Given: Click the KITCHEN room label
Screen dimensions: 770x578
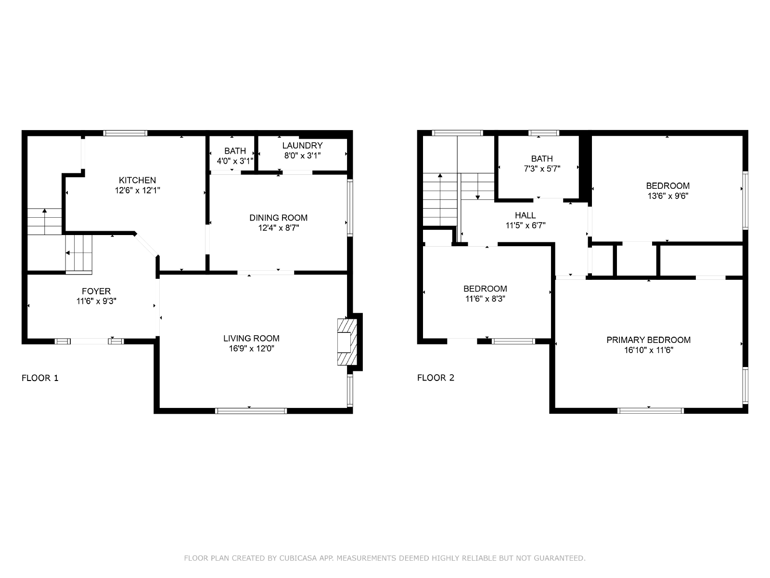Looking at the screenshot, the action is pos(137,180).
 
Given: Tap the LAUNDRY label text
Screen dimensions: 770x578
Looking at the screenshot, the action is pos(302,145).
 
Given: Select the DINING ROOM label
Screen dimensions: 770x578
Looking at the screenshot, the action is pos(279,218).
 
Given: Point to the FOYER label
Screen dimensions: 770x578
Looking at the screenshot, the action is pos(96,291).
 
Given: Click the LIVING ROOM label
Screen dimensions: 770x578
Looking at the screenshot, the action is pos(252,339).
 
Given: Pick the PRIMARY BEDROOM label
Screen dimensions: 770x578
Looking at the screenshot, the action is pos(649,340).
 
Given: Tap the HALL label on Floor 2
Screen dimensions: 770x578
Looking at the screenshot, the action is pos(525,215).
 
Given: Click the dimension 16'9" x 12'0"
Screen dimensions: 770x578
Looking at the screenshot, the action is pos(252,349).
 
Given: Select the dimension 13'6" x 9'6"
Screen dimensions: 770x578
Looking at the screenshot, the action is pos(668,196).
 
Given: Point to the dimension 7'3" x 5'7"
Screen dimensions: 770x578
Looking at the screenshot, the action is pos(542,169).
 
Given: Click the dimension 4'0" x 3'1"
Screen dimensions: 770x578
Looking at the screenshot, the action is pos(235,161).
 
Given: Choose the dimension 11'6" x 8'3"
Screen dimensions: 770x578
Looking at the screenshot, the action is pos(485,299).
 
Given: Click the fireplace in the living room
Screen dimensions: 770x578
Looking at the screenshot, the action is pos(347,342).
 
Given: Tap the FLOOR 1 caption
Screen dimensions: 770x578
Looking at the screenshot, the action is pos(40,378).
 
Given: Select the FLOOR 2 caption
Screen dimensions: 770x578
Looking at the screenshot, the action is pos(436,378).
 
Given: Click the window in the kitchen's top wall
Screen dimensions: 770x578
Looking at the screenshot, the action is pos(125,133).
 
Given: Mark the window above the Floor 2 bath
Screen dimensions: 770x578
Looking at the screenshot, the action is pos(544,133).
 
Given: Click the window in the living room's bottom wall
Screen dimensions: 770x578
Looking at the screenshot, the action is pos(251,411).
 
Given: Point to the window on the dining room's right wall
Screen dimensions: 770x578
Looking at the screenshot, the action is pos(350,207).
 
